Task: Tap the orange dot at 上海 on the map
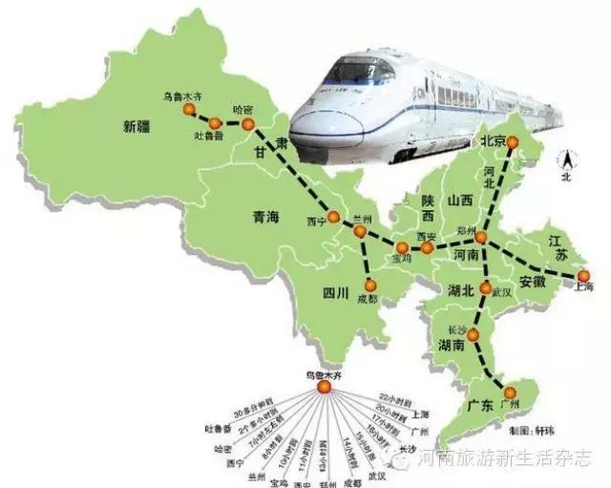coord(582,275)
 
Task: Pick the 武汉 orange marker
coord(487,288)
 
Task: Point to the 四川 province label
coord(334,290)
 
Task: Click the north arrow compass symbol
coord(565,162)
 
